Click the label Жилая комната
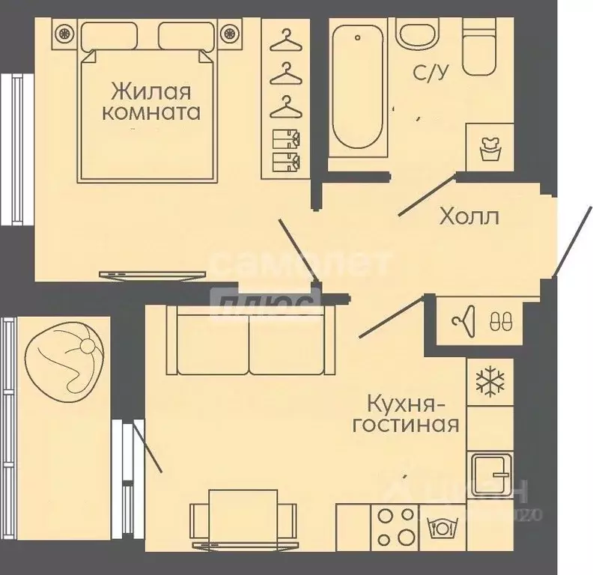click(x=155, y=103)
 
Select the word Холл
click(x=469, y=217)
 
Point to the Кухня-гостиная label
click(x=412, y=415)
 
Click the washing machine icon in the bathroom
click(x=490, y=148)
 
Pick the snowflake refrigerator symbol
click(x=490, y=380)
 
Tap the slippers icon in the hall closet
click(x=498, y=320)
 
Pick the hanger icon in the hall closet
click(x=463, y=320)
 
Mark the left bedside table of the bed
click(x=64, y=33)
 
